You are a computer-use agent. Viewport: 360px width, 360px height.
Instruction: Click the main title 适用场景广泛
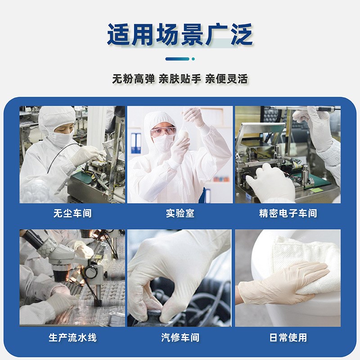180,35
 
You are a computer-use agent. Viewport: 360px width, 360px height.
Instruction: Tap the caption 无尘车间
72,213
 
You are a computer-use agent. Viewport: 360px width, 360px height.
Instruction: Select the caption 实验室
180,213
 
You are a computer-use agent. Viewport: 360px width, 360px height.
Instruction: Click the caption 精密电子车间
288,213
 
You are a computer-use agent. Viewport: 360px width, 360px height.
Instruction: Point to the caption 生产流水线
72,337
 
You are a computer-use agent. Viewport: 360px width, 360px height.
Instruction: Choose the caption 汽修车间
180,337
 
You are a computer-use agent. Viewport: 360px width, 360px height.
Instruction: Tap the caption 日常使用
288,337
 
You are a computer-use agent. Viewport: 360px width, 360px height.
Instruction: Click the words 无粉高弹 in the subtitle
133,79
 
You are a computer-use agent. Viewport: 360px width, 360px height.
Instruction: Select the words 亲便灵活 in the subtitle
226,79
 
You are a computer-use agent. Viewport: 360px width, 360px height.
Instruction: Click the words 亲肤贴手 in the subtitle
180,79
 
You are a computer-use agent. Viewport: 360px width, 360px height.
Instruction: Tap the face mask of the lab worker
163,143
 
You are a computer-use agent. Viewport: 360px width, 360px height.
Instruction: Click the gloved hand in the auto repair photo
175,274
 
